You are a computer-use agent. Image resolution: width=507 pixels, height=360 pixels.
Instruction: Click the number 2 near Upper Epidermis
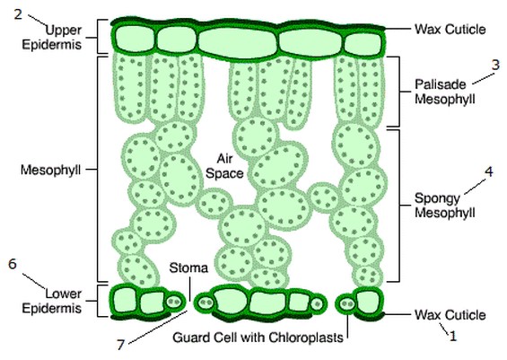[18, 14]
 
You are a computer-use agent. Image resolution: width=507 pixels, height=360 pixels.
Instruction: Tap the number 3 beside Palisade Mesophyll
[495, 65]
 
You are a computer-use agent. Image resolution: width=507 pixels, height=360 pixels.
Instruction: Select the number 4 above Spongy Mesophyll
[489, 171]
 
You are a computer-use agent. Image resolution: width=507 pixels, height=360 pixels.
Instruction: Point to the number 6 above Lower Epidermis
[13, 264]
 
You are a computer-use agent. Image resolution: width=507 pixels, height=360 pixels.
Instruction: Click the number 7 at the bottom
[120, 345]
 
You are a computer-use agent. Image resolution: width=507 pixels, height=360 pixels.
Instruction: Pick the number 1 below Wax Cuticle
[453, 337]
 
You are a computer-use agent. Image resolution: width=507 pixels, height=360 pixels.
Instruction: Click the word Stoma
[188, 268]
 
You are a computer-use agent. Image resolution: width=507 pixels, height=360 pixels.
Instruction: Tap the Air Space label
[224, 166]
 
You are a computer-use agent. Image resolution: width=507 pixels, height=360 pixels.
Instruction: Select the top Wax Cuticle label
[450, 29]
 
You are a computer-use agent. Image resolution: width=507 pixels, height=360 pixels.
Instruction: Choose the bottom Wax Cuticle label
[450, 315]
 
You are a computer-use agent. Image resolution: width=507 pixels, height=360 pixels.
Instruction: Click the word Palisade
[441, 84]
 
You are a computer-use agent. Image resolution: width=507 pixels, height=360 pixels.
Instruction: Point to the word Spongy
[437, 198]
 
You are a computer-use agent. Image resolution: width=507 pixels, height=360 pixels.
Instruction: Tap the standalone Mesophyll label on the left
[50, 170]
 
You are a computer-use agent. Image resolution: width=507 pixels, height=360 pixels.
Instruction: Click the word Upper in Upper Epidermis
[64, 31]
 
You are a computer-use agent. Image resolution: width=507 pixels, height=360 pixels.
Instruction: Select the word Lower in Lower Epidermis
[64, 294]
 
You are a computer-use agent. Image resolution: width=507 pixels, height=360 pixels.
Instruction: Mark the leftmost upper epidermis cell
[135, 40]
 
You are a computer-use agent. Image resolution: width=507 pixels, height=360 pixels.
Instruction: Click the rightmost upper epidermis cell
[363, 44]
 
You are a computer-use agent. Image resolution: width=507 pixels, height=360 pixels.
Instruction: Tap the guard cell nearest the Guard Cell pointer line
[347, 304]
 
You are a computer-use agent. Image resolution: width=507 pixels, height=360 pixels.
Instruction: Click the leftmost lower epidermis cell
[126, 300]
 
